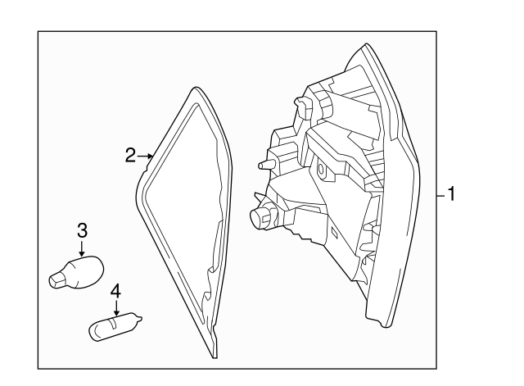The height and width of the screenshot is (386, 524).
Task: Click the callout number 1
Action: pyautogui.click(x=451, y=194)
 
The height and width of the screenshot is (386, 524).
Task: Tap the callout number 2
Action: pyautogui.click(x=131, y=156)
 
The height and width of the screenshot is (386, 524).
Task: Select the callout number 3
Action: pyautogui.click(x=82, y=230)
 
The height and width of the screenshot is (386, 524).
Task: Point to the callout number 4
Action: pyautogui.click(x=115, y=291)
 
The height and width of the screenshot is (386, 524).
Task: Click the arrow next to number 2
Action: pyautogui.click(x=146, y=156)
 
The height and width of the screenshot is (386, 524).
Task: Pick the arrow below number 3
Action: pyautogui.click(x=82, y=248)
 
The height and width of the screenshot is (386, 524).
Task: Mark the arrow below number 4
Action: pyautogui.click(x=116, y=307)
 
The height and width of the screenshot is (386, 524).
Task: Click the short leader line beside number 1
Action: pyautogui.click(x=441, y=195)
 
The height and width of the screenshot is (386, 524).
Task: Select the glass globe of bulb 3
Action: pyautogui.click(x=86, y=271)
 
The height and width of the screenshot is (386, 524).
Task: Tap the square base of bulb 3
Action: pyautogui.click(x=57, y=279)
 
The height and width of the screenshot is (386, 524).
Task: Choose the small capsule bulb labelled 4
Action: pyautogui.click(x=115, y=326)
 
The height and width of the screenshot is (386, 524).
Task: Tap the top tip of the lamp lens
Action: pyautogui.click(x=366, y=44)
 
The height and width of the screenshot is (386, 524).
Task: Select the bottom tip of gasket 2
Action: pyautogui.click(x=215, y=357)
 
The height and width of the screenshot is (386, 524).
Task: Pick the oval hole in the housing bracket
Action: pyautogui.click(x=322, y=170)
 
